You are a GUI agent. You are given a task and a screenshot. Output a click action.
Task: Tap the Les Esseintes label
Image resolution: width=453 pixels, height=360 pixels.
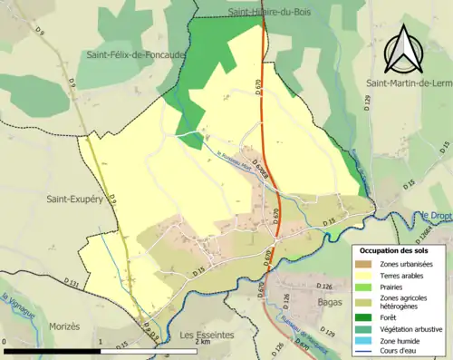(207, 335)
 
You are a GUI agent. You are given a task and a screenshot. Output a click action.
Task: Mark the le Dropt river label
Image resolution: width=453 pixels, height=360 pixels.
(437, 215)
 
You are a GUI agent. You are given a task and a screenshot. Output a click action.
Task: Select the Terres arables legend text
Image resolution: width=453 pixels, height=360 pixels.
(406, 275)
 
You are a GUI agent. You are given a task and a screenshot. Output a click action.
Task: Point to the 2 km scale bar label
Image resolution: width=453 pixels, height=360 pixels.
(203, 342)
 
